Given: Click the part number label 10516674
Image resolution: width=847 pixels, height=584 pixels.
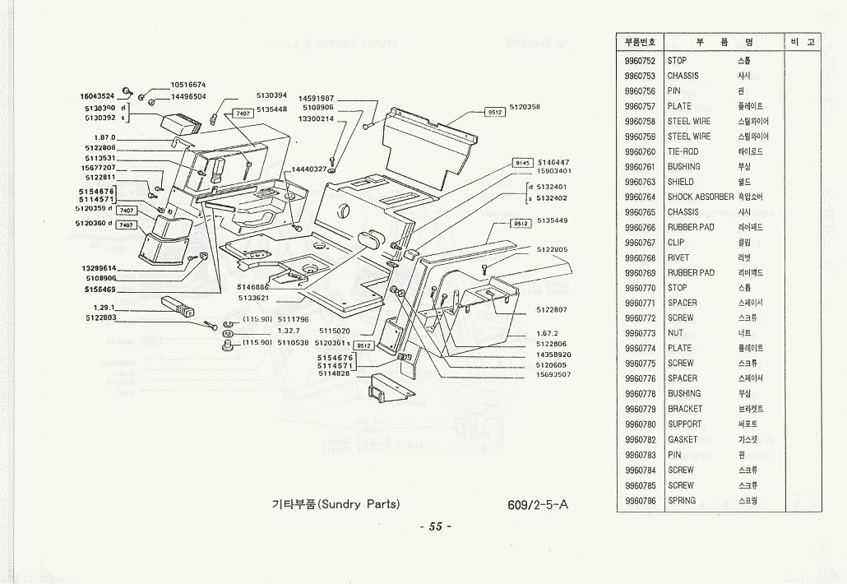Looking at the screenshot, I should tap(188, 85).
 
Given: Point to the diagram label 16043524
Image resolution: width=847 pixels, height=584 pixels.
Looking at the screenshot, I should tap(97, 96).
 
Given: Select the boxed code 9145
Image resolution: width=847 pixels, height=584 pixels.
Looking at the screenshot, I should tap(524, 163).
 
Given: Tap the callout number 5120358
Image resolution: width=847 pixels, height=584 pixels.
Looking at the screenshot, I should tap(525, 107).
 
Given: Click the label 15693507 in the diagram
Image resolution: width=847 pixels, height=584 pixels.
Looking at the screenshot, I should tap(553, 374).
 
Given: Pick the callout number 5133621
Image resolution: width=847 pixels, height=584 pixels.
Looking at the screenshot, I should tap(255, 297).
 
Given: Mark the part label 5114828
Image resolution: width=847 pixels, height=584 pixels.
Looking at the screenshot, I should tap(336, 374).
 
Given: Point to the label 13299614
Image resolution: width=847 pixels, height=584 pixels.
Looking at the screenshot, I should tap(99, 269).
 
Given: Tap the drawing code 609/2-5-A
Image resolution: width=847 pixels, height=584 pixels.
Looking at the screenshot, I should tap(538, 504).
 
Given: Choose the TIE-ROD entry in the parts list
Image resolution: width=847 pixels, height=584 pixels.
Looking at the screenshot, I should tap(683, 152).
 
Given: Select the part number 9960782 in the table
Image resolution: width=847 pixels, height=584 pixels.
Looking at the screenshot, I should tap(640, 440).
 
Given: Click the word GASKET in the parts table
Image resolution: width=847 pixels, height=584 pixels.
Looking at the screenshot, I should tap(683, 440).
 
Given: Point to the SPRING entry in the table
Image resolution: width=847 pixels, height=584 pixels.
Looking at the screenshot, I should tap(682, 500).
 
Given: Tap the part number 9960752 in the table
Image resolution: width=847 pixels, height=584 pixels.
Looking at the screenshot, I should tap(640, 61).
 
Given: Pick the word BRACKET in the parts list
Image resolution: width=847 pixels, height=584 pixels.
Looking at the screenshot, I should tap(685, 410).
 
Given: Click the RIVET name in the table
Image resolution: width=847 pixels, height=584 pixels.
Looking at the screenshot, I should tap(678, 258).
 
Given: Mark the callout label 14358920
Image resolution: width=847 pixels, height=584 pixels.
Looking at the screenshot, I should tap(553, 355).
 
